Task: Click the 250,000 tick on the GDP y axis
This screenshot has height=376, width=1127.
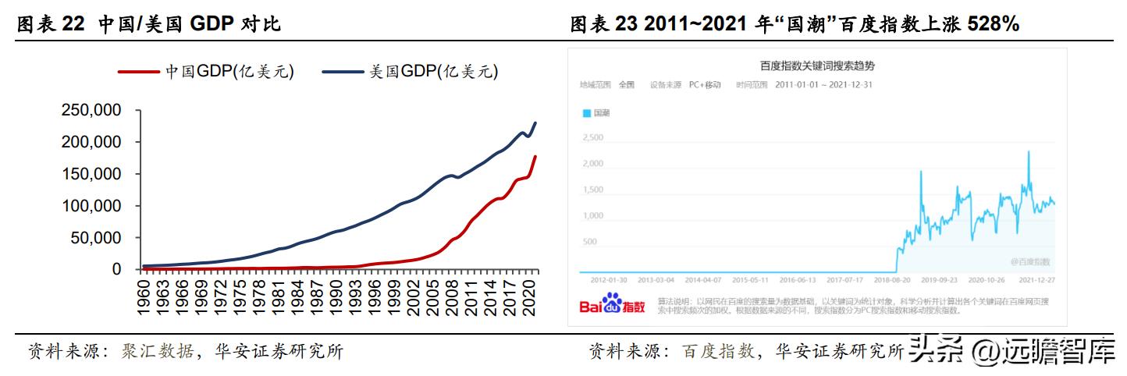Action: point(91,111)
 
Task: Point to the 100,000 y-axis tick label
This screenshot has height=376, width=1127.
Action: point(91,206)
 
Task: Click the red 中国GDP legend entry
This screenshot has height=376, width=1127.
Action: point(206,72)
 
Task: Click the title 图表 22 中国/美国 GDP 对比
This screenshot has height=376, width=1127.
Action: point(148,25)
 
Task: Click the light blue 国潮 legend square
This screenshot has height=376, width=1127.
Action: point(587,113)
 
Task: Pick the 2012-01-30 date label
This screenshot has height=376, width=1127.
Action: point(610,278)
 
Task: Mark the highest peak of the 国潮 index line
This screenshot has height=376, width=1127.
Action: point(1029,151)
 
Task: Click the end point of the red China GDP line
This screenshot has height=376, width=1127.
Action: point(535,157)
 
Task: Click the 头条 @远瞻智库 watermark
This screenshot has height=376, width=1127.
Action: point(1015,353)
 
